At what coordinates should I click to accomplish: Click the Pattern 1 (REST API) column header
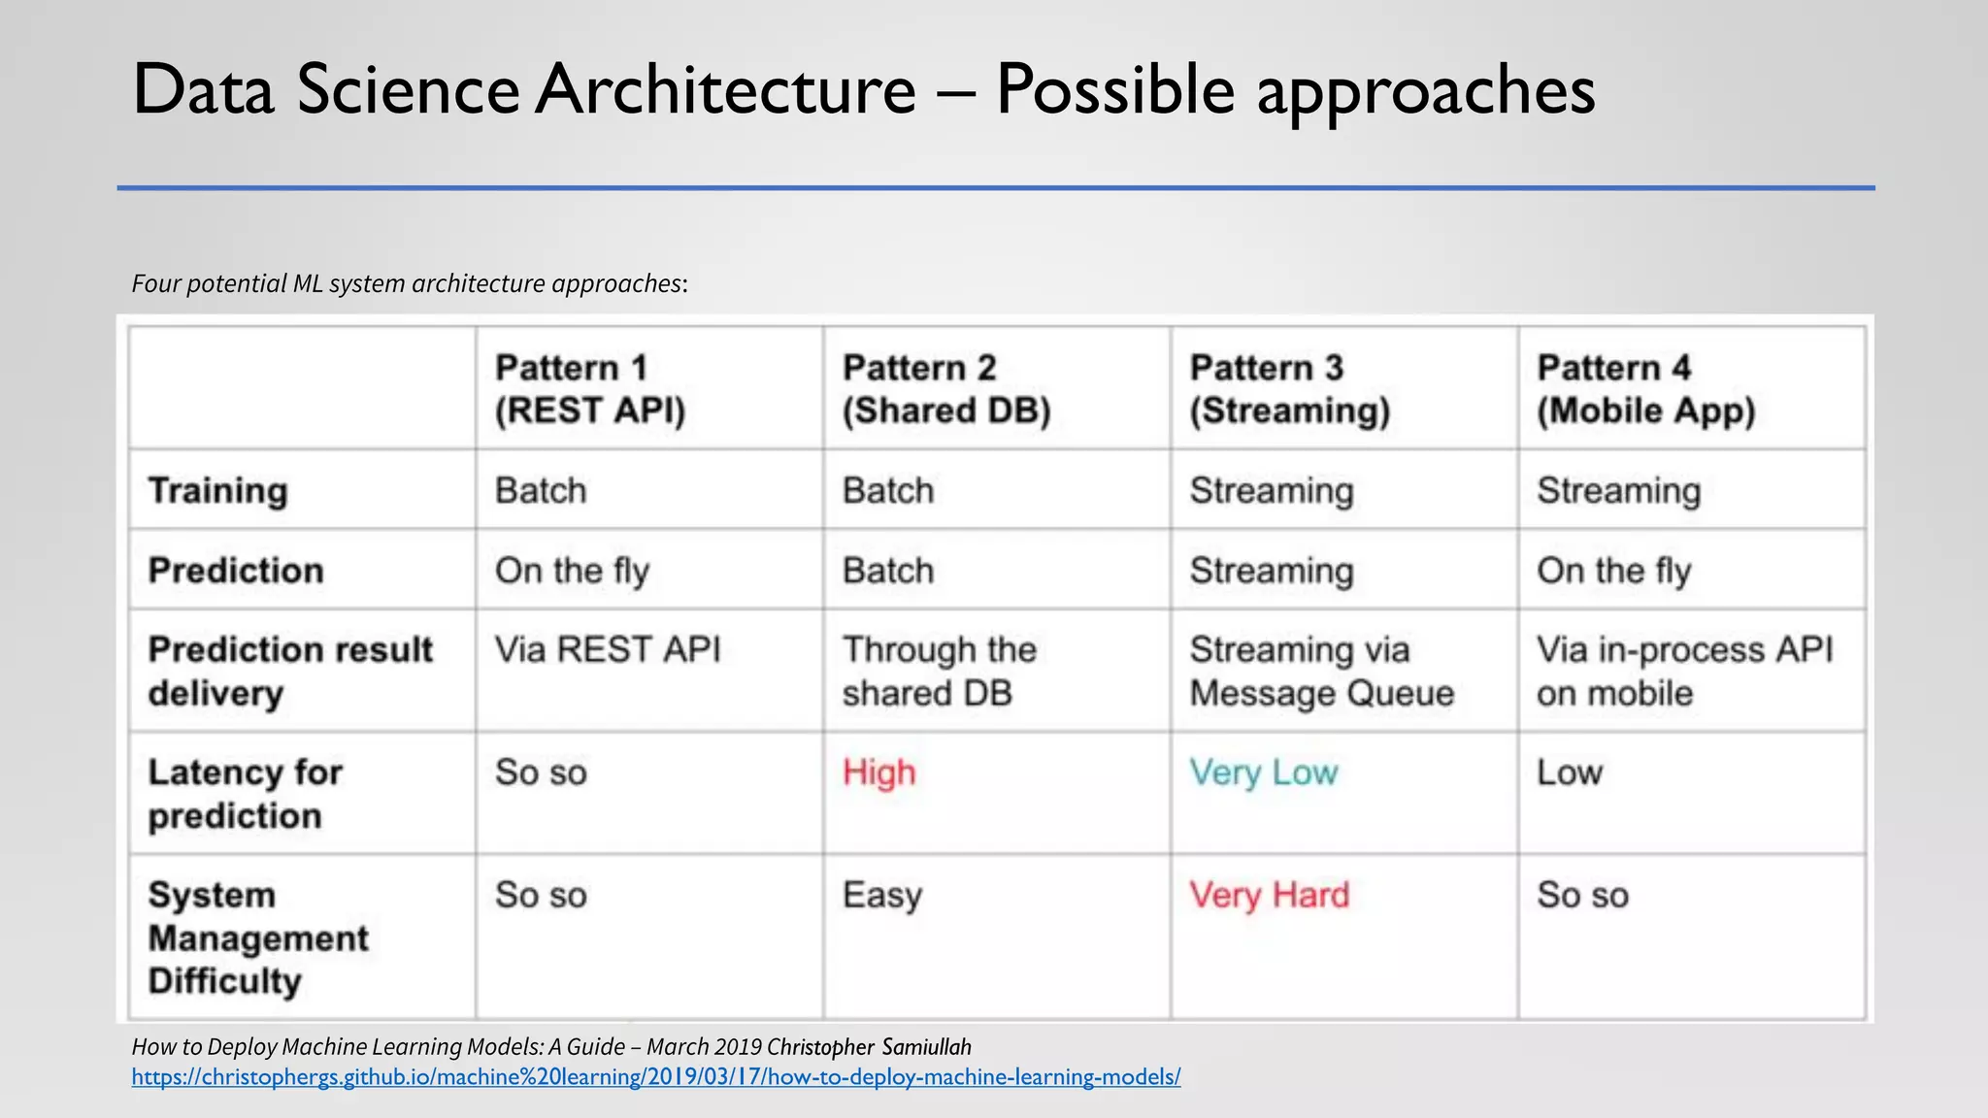coord(590,389)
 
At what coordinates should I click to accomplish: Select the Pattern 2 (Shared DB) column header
coord(946,389)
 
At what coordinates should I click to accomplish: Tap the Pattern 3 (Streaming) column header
coord(1290,389)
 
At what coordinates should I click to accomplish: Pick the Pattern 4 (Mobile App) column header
coord(1646,389)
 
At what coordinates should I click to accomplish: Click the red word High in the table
coord(878,773)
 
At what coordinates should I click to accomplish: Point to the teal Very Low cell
coord(1264,773)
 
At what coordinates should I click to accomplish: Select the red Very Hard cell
coord(1270,895)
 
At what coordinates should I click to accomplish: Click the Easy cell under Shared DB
coord(881,895)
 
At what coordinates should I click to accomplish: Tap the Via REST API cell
coord(608,649)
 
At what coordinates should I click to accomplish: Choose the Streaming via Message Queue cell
coord(1321,672)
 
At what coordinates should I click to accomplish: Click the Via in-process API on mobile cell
coord(1684,672)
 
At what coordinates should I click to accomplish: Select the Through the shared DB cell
coord(939,672)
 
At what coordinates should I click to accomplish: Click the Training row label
coord(217,491)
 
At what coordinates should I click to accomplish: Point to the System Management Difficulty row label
coord(257,937)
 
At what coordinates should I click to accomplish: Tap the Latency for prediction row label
coord(245,794)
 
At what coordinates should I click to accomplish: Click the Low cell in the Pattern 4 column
coord(1569,773)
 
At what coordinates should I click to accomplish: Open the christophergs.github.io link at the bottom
coord(656,1076)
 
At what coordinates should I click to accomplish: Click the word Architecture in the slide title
coord(725,90)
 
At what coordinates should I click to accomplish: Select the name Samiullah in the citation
coord(926,1047)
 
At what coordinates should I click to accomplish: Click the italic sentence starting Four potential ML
coord(409,283)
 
